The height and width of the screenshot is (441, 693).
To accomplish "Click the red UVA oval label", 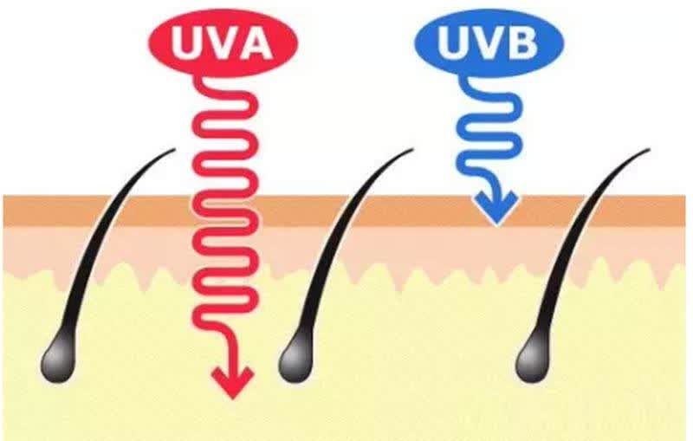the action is pos(223,42).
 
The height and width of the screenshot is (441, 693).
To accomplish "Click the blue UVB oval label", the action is pos(489,42).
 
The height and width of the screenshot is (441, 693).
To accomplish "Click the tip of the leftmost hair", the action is pos(175,149).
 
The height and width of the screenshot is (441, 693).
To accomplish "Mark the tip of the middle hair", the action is pos(412,149).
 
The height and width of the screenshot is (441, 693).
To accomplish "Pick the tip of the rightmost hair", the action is pos(649,149).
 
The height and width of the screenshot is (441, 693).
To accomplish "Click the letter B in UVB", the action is pos(521,42).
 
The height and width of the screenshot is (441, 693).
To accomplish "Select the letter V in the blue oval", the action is pos(488,42).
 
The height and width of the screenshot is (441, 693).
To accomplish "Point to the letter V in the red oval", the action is pos(221,42).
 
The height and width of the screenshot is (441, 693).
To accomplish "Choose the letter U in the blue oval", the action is pos(455,42).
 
